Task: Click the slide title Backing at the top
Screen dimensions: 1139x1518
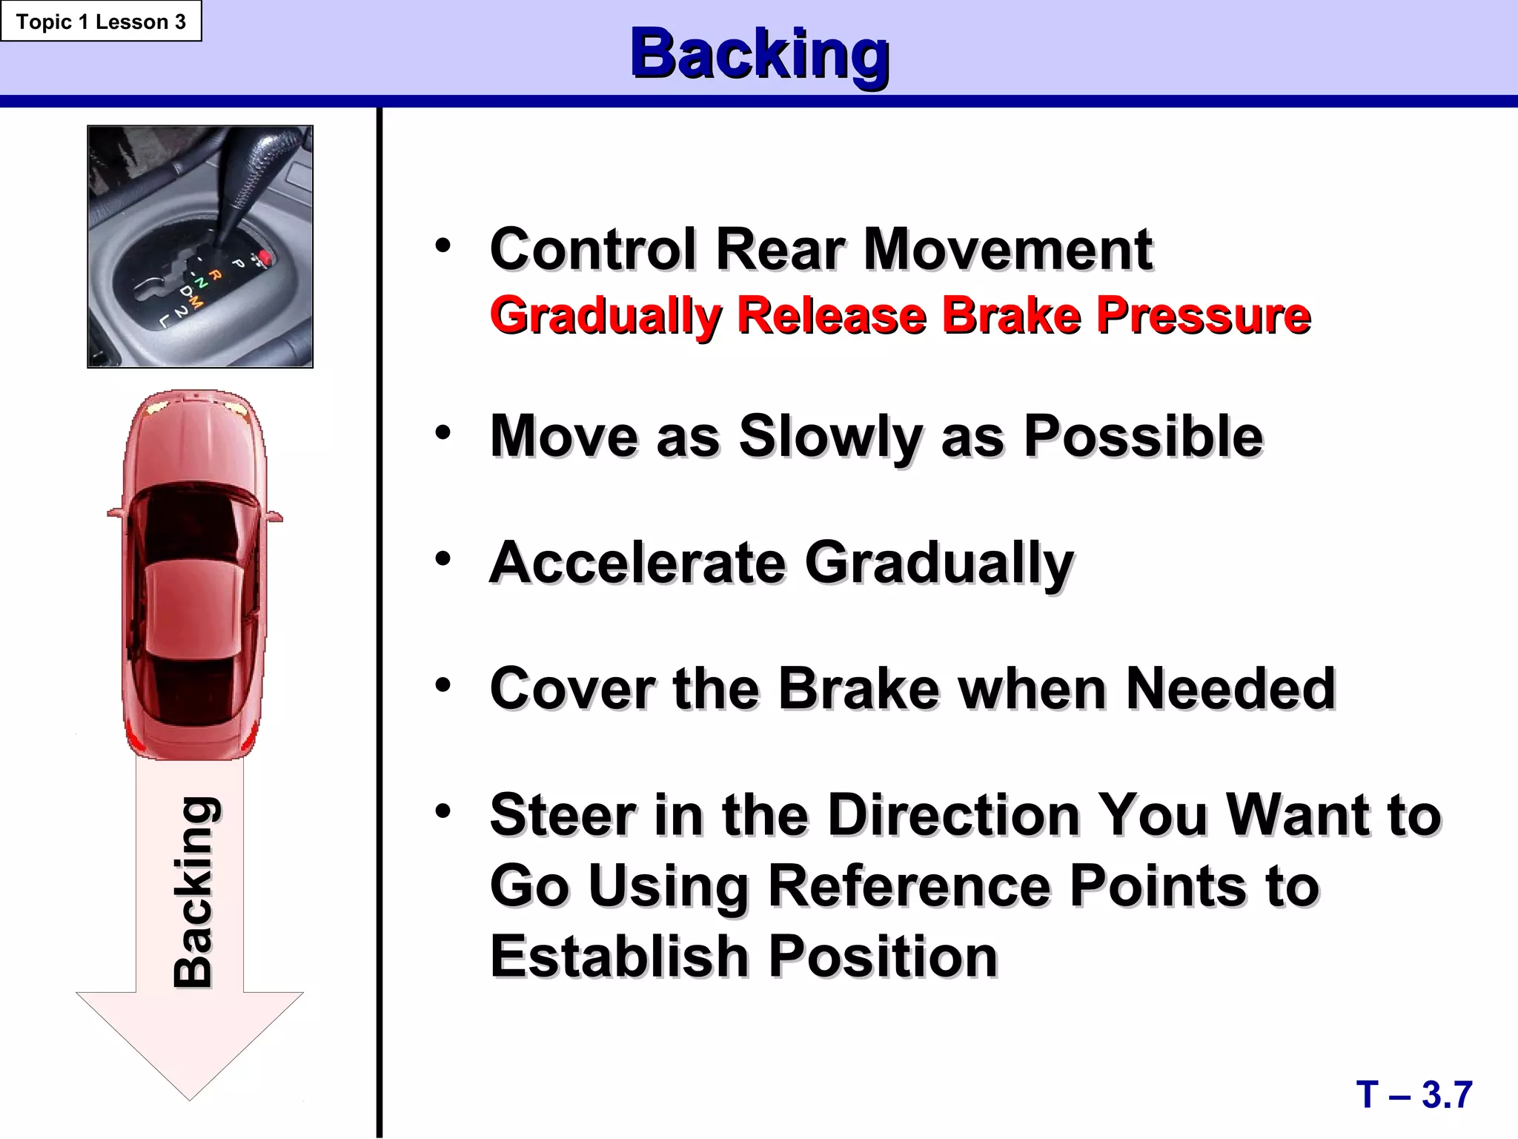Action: click(759, 53)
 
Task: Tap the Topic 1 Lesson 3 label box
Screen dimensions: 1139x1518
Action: click(101, 22)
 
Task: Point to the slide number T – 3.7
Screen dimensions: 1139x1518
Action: click(1413, 1095)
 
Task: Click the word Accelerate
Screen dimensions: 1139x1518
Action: click(637, 562)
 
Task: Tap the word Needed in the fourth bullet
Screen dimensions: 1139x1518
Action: click(1230, 688)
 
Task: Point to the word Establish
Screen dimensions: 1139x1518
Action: click(619, 956)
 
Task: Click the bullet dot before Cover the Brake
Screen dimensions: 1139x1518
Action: click(443, 685)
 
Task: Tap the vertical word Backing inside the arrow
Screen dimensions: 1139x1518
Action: click(194, 892)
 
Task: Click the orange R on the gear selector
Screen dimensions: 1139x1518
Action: click(215, 275)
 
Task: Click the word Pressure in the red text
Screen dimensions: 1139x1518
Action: click(1204, 315)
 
